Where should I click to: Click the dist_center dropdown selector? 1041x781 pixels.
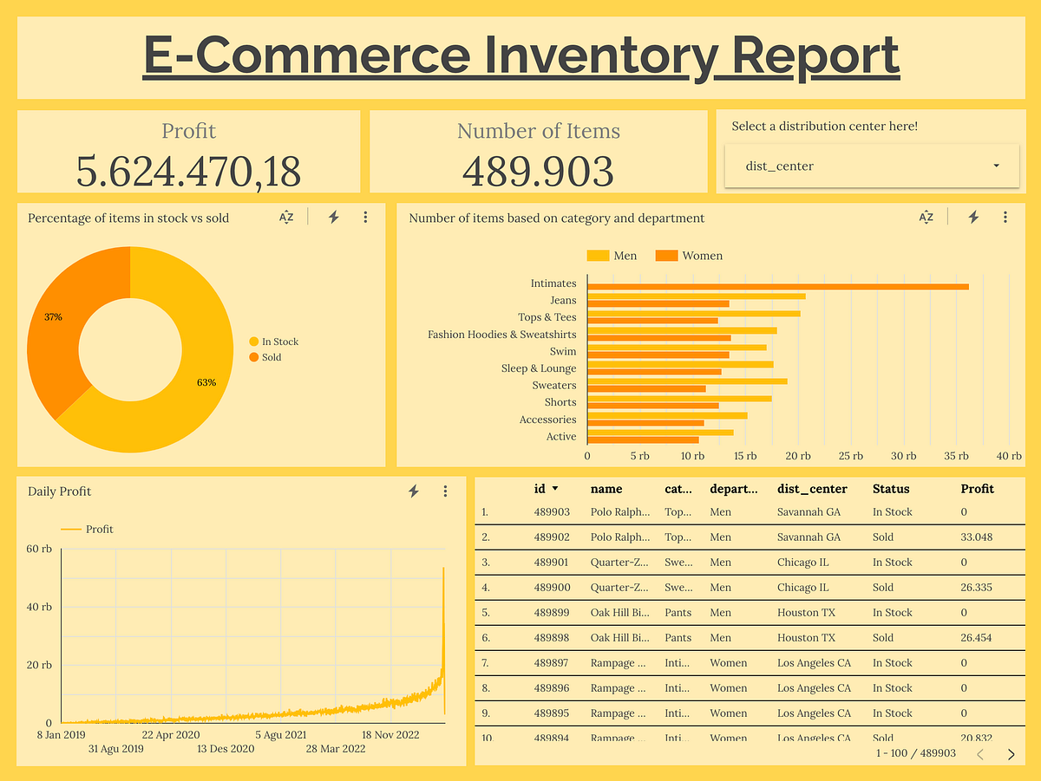pos(871,166)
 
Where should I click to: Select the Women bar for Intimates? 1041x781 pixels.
pos(777,286)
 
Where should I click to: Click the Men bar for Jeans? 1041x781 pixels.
pos(696,296)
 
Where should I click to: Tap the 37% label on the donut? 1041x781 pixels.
pos(54,317)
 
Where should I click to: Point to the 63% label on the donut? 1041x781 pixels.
pos(206,382)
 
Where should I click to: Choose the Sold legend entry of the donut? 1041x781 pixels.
pos(271,357)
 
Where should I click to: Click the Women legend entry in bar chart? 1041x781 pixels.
pos(701,256)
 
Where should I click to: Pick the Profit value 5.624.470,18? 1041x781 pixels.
pos(188,171)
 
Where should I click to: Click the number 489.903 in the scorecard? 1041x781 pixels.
pos(538,171)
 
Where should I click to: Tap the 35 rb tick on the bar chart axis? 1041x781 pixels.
pos(957,456)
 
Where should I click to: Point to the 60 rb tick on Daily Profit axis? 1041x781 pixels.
pos(40,549)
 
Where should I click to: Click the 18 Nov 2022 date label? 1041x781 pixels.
pos(390,735)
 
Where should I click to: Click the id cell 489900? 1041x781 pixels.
pos(552,588)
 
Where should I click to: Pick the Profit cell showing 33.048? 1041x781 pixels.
pos(977,537)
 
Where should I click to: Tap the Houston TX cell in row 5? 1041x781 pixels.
pos(806,613)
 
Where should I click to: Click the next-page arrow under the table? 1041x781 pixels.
pos(1011,754)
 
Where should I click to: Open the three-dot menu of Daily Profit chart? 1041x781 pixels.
pos(445,491)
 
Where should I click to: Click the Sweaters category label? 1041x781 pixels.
pos(553,385)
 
